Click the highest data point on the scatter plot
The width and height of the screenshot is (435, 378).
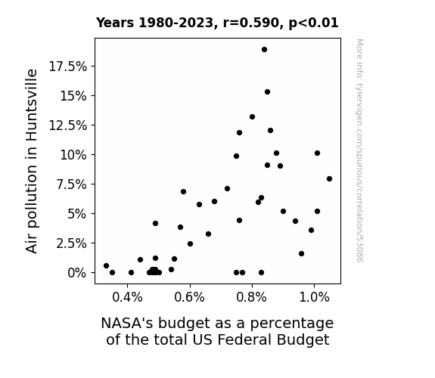pos(264,50)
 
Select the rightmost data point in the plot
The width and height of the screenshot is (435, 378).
pos(329,179)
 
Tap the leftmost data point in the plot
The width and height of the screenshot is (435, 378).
pos(106,265)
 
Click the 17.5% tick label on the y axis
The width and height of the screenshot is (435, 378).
pos(67,67)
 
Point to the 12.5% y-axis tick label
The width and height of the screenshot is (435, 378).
pos(67,125)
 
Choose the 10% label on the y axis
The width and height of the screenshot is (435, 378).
pos(73,155)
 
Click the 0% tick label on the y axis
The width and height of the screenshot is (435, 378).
pos(77,273)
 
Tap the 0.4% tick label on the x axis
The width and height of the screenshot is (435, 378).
pos(127,298)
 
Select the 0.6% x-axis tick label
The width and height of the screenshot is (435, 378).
pos(189,298)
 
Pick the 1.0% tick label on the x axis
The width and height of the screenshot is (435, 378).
pos(314,298)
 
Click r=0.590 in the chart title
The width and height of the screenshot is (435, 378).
pos(250,23)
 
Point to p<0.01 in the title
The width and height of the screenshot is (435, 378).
pos(313,23)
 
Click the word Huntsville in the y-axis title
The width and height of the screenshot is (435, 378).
pos(31,105)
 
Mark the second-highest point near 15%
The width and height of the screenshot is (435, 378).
pos(268,92)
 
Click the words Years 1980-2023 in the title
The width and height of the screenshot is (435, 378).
pos(154,23)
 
